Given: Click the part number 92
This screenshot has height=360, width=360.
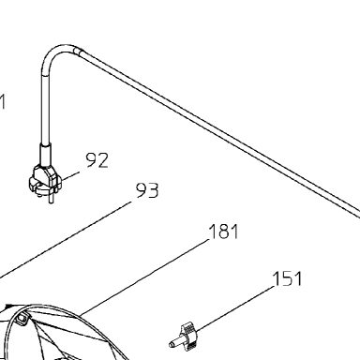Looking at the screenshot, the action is (x=97, y=160).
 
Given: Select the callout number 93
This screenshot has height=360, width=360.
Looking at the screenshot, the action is (x=147, y=190).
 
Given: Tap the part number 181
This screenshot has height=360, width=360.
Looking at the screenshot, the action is (x=223, y=232).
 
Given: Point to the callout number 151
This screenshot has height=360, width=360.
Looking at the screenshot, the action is (x=287, y=278).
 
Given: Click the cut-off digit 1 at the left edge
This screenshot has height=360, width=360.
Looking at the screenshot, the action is (x=2, y=102).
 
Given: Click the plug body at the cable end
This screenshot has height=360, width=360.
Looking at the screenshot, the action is (x=45, y=180).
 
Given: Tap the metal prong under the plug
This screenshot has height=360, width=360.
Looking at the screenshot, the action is (x=50, y=199).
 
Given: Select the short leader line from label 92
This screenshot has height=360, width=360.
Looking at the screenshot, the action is (x=70, y=175).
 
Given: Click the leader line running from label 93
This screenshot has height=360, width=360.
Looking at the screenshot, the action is (x=66, y=240).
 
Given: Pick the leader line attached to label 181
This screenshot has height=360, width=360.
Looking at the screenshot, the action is (x=144, y=277).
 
